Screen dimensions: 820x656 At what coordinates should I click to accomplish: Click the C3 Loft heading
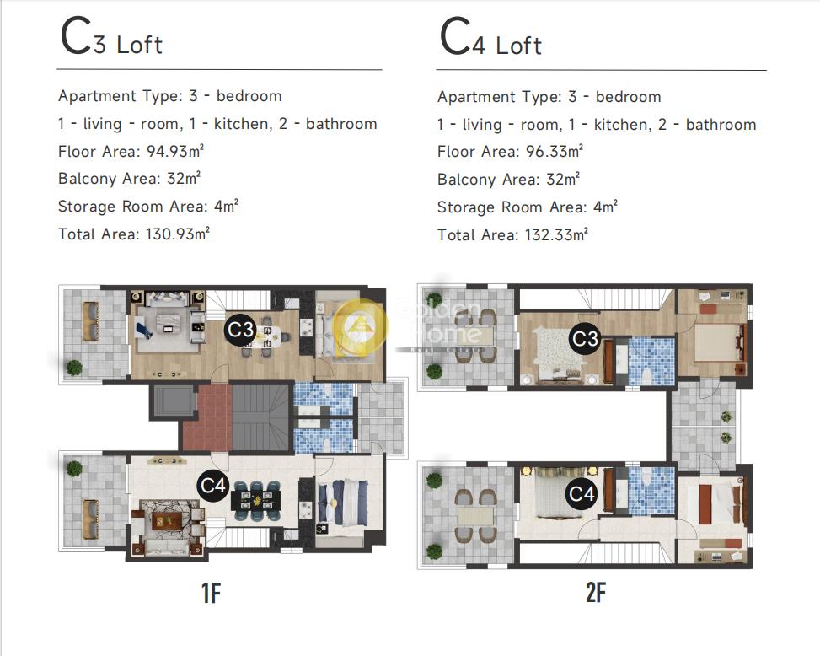[111, 36]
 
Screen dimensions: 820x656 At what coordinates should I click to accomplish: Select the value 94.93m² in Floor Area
[174, 151]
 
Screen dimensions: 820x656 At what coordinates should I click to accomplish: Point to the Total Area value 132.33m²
[556, 234]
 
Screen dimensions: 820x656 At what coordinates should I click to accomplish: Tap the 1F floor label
[212, 593]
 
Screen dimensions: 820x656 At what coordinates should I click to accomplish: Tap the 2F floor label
[596, 593]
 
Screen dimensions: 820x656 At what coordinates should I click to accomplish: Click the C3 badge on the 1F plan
[240, 330]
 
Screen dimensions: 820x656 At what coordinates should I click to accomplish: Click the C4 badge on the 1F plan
[213, 486]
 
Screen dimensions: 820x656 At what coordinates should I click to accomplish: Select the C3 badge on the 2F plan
[585, 338]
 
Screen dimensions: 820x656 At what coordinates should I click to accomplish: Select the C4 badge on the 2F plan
[582, 493]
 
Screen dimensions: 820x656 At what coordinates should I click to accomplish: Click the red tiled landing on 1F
[207, 417]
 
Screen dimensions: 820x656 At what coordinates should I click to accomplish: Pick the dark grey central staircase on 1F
[260, 417]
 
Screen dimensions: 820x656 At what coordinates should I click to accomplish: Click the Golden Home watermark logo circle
[361, 325]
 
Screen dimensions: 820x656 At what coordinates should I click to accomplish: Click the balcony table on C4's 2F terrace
[475, 516]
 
